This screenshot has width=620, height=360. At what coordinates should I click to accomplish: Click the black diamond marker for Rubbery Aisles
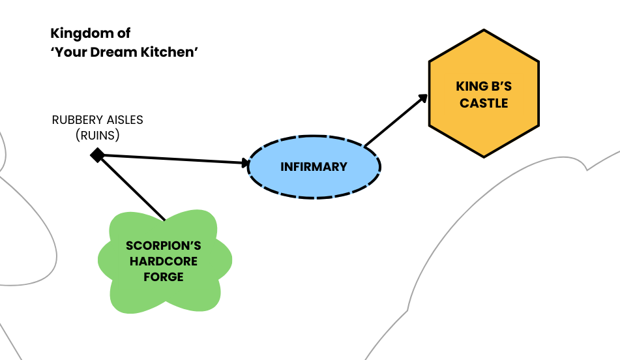click(x=97, y=155)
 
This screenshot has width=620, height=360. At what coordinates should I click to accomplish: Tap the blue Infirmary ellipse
click(x=314, y=166)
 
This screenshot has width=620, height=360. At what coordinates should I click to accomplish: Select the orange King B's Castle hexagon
click(x=484, y=93)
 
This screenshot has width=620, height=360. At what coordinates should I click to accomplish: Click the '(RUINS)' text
click(x=97, y=136)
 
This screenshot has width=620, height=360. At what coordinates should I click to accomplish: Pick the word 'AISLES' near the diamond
click(x=125, y=120)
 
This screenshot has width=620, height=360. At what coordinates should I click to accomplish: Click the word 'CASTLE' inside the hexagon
click(x=484, y=103)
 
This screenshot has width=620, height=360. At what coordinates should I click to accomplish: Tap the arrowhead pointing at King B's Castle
click(x=423, y=98)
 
